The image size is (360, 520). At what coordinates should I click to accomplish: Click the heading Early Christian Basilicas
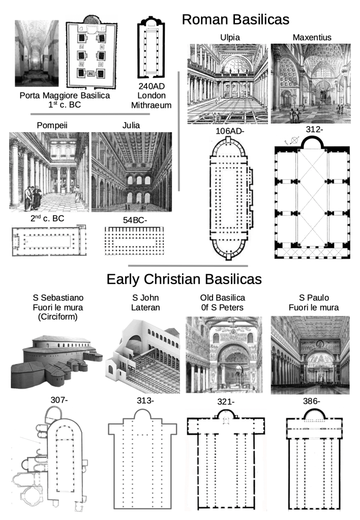(x=184, y=279)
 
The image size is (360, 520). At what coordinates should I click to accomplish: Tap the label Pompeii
(x=49, y=126)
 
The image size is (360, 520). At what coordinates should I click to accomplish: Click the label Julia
(x=132, y=126)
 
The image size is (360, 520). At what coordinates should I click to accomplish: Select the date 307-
(x=59, y=400)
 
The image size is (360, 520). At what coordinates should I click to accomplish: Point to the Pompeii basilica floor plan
(x=49, y=242)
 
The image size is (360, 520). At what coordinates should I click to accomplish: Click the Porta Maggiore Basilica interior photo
(x=37, y=53)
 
